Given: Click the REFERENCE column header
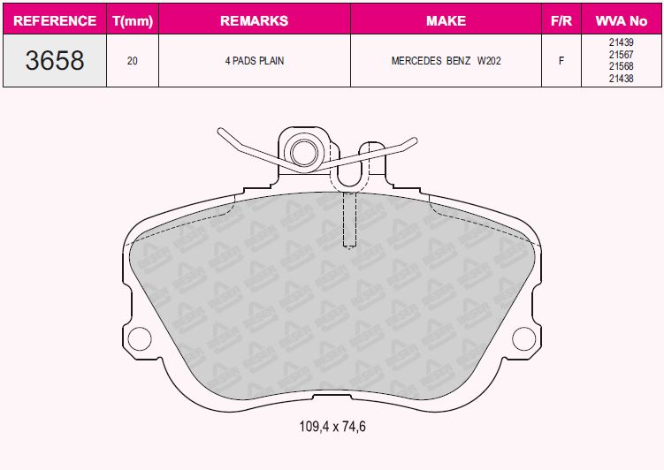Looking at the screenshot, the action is pos(55,20).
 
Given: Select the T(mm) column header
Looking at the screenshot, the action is pos(133,20).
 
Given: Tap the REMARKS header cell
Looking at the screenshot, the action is pos(254,20).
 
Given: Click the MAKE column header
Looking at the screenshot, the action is pos(446,20).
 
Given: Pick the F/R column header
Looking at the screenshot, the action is pos(561,20).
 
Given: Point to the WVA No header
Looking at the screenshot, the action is pos(622,20).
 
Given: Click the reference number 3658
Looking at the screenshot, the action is pos(55,60).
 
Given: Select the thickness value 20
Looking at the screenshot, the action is pos(132,61).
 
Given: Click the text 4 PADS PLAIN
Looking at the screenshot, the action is pos(255,61).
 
